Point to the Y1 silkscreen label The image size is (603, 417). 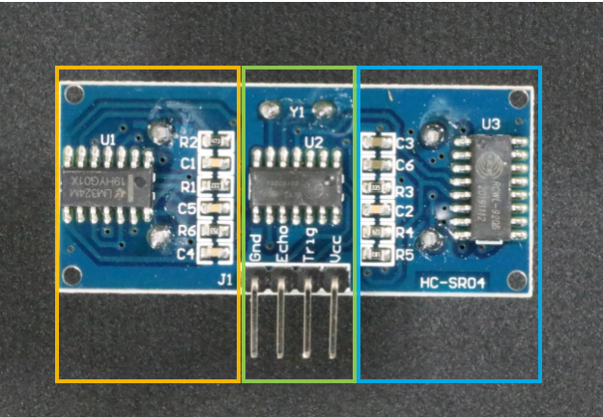click(x=296, y=113)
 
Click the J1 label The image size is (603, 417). click(x=225, y=280)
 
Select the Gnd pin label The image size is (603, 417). click(x=256, y=250)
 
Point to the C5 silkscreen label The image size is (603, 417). click(x=187, y=208)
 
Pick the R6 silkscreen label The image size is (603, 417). click(x=187, y=232)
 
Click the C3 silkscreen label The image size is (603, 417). click(x=404, y=145)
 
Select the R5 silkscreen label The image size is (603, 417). click(x=404, y=256)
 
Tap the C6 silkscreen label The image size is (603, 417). click(x=404, y=166)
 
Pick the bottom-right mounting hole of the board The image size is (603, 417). click(x=520, y=280)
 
